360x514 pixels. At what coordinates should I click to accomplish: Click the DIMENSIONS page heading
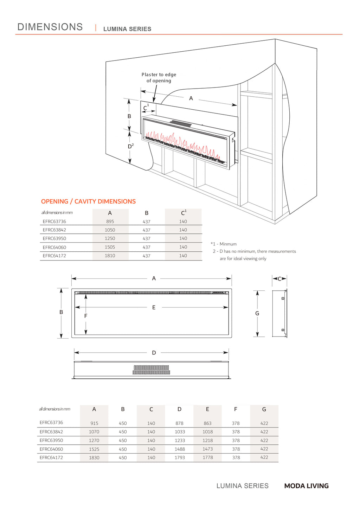point(50,27)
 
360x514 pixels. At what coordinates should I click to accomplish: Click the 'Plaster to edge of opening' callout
point(159,78)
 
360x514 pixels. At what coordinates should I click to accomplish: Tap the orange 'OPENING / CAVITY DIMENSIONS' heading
point(88,201)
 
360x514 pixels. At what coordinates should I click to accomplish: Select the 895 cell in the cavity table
point(110,221)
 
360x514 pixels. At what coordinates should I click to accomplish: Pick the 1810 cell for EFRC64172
point(110,256)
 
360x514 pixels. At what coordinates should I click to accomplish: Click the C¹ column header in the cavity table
point(184,213)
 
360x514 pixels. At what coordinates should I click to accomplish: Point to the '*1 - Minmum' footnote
point(224,244)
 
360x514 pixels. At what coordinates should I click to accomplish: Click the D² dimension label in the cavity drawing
point(130,146)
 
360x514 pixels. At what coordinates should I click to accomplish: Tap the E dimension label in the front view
point(154,307)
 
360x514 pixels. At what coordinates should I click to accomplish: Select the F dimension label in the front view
point(86,316)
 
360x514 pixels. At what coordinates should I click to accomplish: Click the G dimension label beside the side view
point(257,313)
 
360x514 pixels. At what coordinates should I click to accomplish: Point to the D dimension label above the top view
point(154,353)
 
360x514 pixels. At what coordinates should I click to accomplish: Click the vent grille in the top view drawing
point(152,370)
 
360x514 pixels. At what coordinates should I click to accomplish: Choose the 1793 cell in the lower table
point(180,458)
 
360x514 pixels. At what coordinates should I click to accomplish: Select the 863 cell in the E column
point(208,423)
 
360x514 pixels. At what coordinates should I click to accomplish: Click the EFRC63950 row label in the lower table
point(51,440)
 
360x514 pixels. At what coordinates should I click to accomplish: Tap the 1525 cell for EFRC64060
point(94,449)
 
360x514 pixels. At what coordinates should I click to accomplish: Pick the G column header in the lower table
point(264,409)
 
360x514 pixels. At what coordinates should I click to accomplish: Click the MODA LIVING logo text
point(306,486)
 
